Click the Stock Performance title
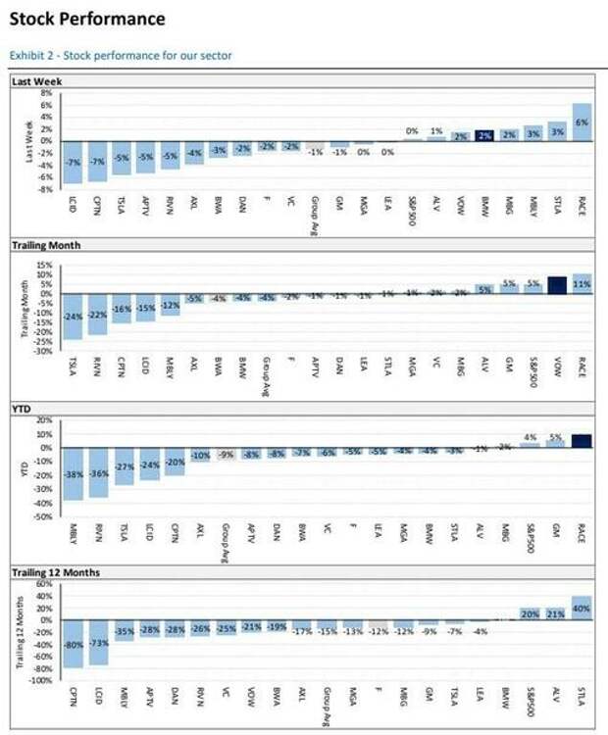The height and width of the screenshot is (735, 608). pyautogui.click(x=87, y=19)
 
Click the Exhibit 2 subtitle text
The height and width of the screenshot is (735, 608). pyautogui.click(x=121, y=55)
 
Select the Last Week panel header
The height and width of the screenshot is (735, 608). pyautogui.click(x=36, y=81)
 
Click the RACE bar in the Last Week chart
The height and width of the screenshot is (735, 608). pyautogui.click(x=582, y=122)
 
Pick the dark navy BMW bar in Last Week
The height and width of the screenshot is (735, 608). pyautogui.click(x=483, y=136)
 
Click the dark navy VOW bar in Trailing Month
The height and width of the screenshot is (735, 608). pyautogui.click(x=557, y=285)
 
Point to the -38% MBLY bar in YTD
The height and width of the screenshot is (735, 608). pyautogui.click(x=73, y=473)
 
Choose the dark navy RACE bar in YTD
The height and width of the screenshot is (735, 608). pyautogui.click(x=582, y=441)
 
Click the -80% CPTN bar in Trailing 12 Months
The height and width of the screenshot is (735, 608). pyautogui.click(x=73, y=644)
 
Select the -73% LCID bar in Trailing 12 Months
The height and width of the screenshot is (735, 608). pyautogui.click(x=98, y=642)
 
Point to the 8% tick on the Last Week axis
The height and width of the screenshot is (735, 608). pyautogui.click(x=45, y=93)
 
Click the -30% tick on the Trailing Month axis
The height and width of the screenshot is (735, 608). pyautogui.click(x=43, y=350)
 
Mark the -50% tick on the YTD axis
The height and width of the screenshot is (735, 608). pyautogui.click(x=43, y=514)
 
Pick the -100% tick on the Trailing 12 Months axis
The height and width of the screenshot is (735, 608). pyautogui.click(x=41, y=679)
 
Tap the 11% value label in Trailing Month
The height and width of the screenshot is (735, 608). pyautogui.click(x=582, y=283)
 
